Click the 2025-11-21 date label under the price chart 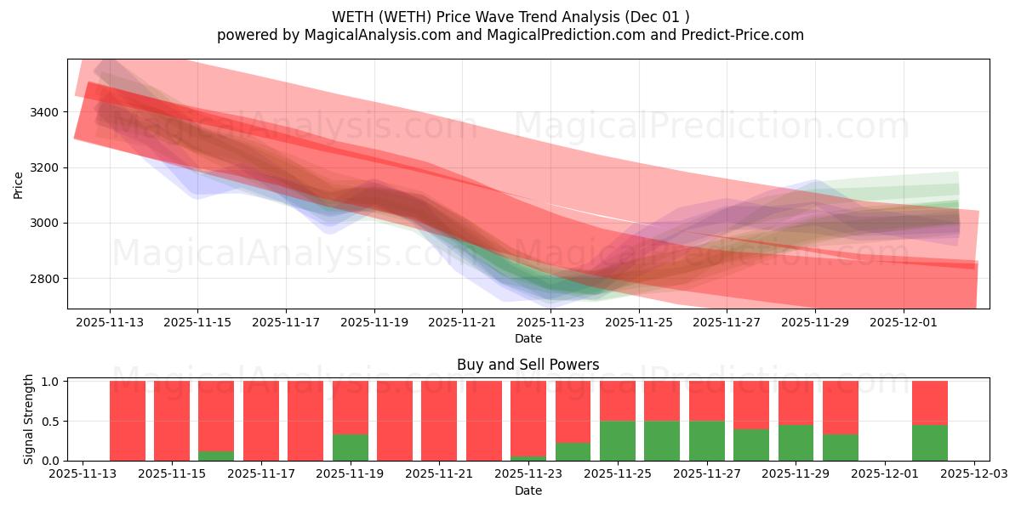pyautogui.click(x=462, y=323)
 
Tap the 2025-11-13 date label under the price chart pyautogui.click(x=110, y=323)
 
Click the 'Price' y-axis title pyautogui.click(x=19, y=184)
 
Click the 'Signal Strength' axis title pyautogui.click(x=29, y=419)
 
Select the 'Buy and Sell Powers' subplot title pyautogui.click(x=528, y=365)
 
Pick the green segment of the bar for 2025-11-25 pyautogui.click(x=617, y=440)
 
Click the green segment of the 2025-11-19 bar pyautogui.click(x=350, y=447)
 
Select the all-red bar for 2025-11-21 pyautogui.click(x=439, y=421)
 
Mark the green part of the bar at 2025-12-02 pyautogui.click(x=929, y=442)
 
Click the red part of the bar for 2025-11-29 pyautogui.click(x=796, y=402)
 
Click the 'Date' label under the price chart pyautogui.click(x=528, y=338)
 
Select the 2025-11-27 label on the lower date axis pyautogui.click(x=706, y=474)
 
